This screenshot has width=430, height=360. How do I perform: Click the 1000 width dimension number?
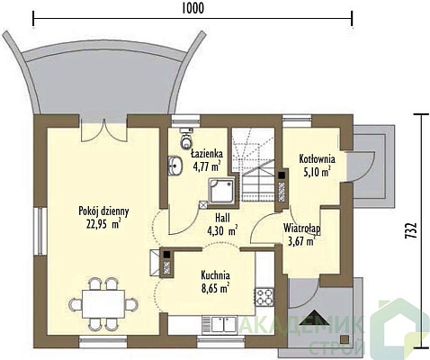pyautogui.click(x=193, y=9)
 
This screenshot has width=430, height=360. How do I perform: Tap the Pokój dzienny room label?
pyautogui.click(x=103, y=211)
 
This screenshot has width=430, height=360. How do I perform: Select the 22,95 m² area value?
pyautogui.click(x=103, y=224)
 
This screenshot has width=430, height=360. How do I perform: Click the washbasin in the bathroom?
pyautogui.click(x=175, y=166)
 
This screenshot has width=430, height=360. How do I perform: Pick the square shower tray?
pyautogui.click(x=222, y=191)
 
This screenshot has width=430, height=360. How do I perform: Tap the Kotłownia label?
pyautogui.click(x=317, y=159)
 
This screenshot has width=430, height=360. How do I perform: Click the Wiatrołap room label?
pyautogui.click(x=302, y=229)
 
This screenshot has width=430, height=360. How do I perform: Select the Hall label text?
pyautogui.click(x=222, y=217)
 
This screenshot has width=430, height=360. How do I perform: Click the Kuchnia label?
pyautogui.click(x=216, y=274)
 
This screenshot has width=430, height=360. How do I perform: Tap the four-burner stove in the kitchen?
pyautogui.click(x=264, y=297)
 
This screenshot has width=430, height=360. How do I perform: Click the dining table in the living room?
pyautogui.click(x=103, y=304)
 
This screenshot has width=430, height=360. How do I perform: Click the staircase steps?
pyautogui.click(x=254, y=164)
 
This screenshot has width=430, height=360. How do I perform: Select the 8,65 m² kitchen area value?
pyautogui.click(x=216, y=288)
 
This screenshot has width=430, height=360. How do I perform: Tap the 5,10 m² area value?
pyautogui.click(x=318, y=172)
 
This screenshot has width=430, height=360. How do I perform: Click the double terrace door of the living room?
pyautogui.click(x=103, y=130)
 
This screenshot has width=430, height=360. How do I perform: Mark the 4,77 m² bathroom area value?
pyautogui.click(x=207, y=166)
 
